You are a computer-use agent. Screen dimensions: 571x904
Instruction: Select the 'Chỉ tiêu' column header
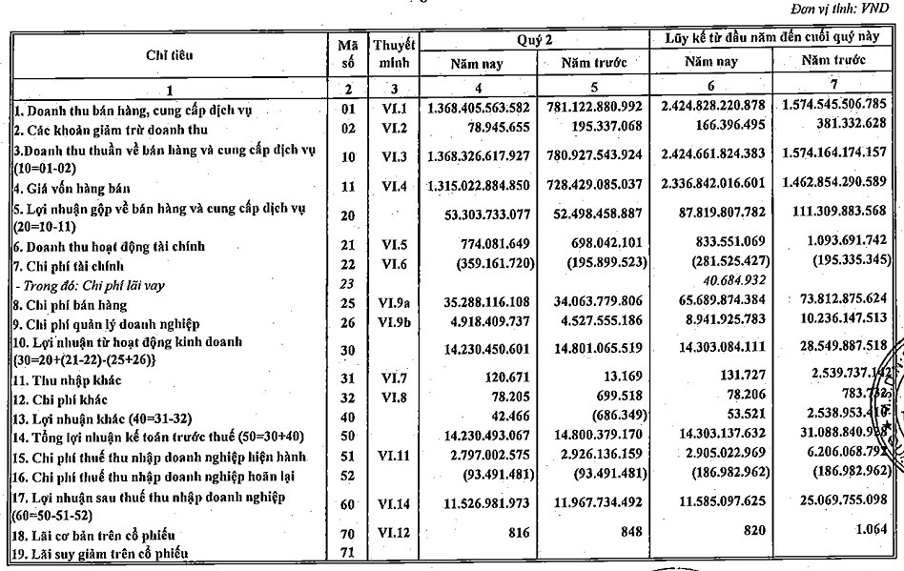[171, 54]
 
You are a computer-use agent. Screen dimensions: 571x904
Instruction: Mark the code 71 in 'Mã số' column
[347, 554]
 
